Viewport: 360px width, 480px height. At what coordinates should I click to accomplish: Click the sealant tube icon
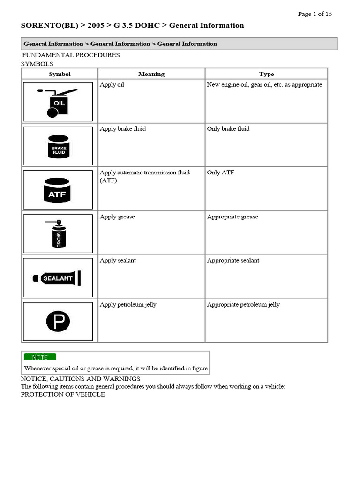coord(57,278)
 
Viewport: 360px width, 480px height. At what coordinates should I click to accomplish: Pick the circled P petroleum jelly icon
coord(58,322)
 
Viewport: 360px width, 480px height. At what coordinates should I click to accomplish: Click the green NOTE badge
coord(40,357)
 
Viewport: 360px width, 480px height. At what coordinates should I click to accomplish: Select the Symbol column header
coord(60,74)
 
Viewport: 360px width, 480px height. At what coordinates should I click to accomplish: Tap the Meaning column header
coord(151,74)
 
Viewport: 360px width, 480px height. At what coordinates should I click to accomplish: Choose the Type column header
coord(266,74)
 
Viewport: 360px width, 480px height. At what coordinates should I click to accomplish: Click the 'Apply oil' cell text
coord(112,85)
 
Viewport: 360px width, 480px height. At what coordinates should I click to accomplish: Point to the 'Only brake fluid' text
coord(228,129)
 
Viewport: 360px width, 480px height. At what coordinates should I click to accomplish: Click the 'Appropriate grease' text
coord(232,217)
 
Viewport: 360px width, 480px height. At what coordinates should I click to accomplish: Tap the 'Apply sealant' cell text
coord(118,261)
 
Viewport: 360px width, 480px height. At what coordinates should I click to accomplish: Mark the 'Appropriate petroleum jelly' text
coord(243,305)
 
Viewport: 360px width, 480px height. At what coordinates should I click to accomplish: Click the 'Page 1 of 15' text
coord(315,14)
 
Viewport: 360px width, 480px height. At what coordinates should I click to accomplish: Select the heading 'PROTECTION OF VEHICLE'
coord(63,395)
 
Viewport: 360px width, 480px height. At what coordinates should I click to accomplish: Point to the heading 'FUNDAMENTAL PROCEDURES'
coord(71,55)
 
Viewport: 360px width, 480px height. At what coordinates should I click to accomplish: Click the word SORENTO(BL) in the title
coord(45,26)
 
